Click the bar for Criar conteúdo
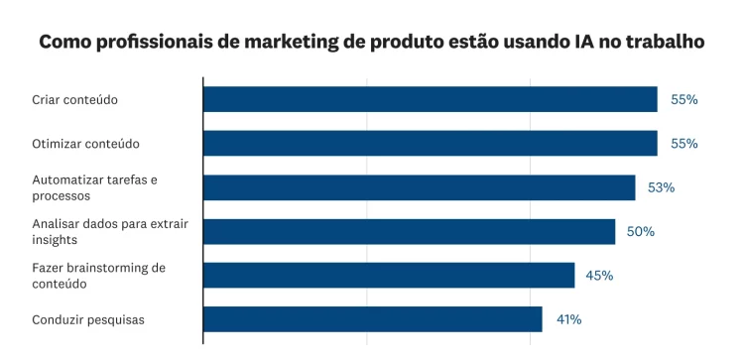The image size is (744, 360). point(430,99)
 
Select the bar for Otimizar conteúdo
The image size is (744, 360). point(430,143)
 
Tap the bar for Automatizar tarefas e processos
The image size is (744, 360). point(419,187)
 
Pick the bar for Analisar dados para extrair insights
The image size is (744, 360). point(409,231)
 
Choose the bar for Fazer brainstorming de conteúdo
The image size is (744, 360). point(389,275)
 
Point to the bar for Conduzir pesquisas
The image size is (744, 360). point(372,319)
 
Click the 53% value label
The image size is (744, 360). point(662,187)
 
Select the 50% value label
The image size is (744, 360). point(641,231)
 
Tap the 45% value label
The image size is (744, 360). point(599,275)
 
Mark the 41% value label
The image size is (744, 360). point(567,319)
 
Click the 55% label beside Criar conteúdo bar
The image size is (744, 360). point(684,99)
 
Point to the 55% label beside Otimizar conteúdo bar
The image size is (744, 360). point(684,143)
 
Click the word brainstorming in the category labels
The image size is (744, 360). point(109,268)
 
